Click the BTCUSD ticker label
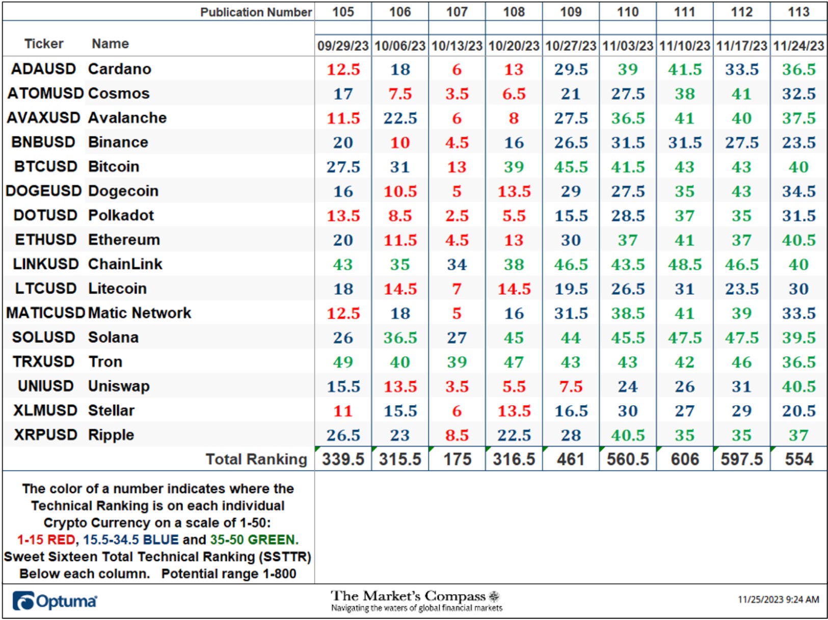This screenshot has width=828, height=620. tap(46, 166)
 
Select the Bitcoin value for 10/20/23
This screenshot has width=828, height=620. tap(514, 167)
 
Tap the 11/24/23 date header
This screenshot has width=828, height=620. tap(798, 46)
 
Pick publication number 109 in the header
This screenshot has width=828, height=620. tap(571, 12)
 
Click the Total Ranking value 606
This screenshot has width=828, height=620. tap(685, 459)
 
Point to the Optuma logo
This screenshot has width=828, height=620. tap(55, 601)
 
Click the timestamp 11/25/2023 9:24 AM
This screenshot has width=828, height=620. tap(778, 599)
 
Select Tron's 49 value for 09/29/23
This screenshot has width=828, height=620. tap(343, 362)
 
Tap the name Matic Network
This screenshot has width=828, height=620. tap(140, 313)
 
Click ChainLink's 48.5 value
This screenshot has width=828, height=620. tap(685, 264)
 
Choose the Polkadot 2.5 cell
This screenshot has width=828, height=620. tap(457, 216)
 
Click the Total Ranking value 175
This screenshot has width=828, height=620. tap(457, 459)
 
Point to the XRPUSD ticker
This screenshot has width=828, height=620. tap(46, 435)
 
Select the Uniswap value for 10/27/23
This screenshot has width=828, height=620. tap(571, 386)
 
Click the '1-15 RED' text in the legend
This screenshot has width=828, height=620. tap(46, 540)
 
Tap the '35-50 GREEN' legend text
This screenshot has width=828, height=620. tap(254, 540)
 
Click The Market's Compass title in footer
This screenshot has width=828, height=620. tap(408, 596)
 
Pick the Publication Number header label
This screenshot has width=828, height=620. tap(256, 12)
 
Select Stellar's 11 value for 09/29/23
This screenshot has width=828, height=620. tap(343, 411)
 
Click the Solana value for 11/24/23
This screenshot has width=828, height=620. tap(798, 337)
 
